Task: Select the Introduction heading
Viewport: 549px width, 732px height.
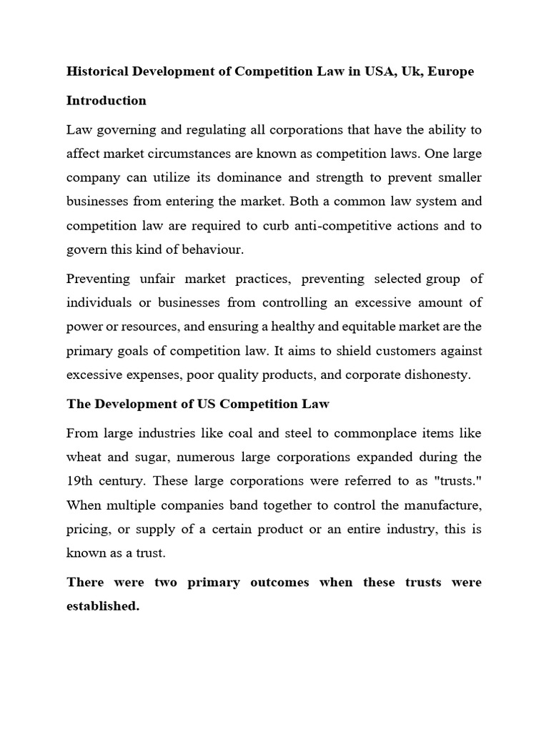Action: [107, 101]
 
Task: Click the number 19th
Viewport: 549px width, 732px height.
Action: [79, 480]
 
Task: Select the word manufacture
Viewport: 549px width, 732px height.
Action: [445, 505]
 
